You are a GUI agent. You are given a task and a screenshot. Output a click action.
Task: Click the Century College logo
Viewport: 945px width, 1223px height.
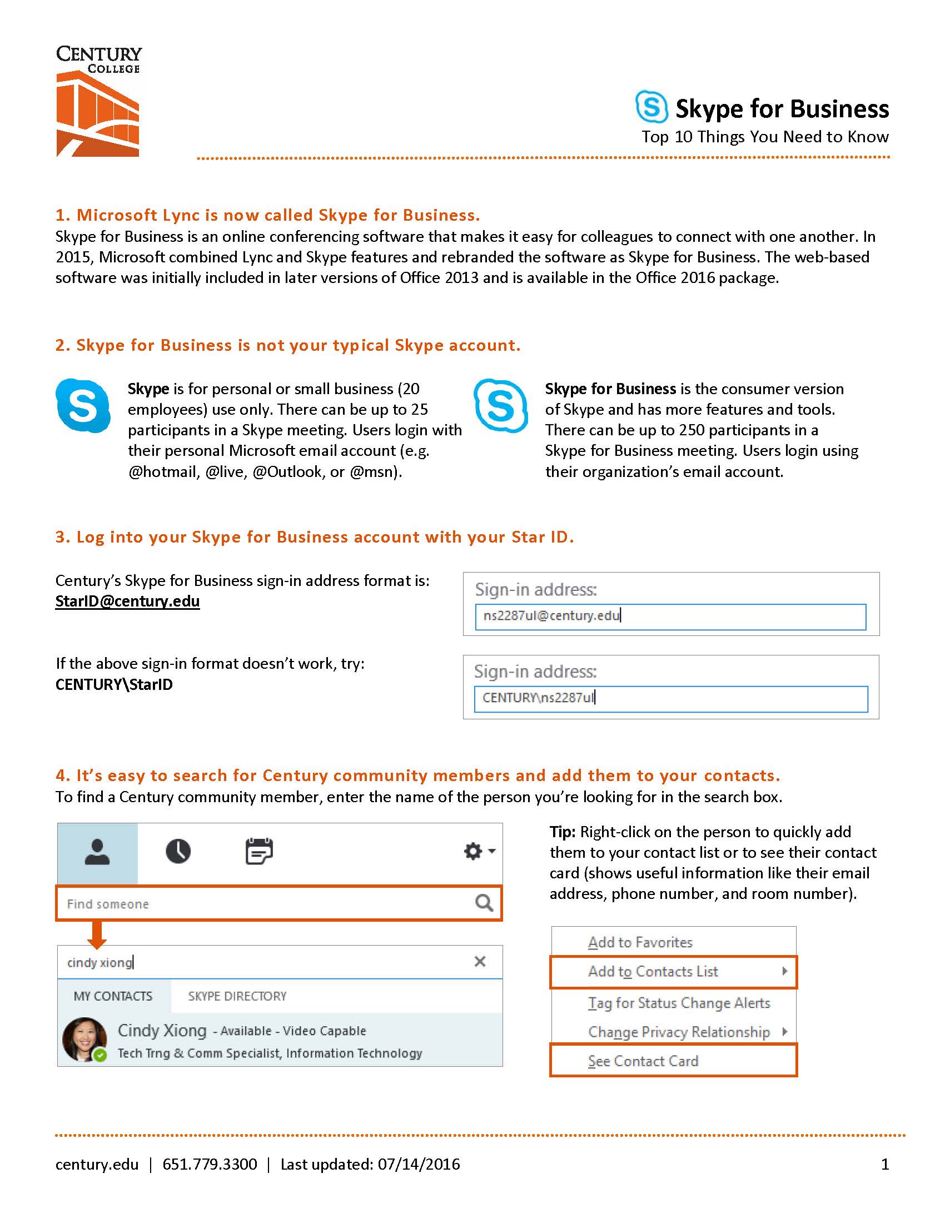[98, 101]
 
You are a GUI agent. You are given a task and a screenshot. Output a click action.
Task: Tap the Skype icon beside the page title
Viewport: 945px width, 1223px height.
[651, 106]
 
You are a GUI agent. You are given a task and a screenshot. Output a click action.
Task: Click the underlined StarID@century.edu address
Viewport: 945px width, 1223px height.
[128, 601]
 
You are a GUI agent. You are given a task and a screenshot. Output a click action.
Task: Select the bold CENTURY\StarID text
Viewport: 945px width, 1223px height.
[114, 684]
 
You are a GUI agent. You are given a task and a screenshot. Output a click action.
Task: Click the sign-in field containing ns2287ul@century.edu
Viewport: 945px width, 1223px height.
[670, 616]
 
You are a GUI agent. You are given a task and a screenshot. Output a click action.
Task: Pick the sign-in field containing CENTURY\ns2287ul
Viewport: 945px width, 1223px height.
[671, 698]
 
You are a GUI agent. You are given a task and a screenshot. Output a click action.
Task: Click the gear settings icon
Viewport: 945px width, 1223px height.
[474, 851]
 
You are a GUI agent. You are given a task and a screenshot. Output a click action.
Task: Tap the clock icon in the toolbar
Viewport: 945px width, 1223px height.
[178, 851]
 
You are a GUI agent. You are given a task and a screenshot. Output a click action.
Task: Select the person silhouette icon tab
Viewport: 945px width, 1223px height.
[97, 852]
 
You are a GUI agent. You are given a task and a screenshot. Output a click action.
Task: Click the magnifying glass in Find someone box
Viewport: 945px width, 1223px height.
[484, 903]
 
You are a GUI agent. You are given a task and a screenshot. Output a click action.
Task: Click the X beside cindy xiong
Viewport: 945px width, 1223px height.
[480, 962]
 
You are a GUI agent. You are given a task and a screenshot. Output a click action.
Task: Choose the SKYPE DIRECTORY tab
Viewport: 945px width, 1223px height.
[237, 996]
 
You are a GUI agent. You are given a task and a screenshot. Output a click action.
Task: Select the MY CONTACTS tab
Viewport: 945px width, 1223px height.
[113, 996]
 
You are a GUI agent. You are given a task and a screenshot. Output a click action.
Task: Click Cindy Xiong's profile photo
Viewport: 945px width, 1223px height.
[84, 1040]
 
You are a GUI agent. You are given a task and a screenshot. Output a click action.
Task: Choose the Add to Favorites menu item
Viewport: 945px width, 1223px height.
[640, 942]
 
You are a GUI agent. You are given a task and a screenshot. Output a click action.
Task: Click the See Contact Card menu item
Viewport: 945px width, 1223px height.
[643, 1061]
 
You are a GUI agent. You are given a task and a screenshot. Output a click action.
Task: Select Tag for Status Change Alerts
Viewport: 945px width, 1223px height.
[679, 1003]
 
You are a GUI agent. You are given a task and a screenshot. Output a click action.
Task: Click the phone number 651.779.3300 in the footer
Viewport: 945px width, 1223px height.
[210, 1164]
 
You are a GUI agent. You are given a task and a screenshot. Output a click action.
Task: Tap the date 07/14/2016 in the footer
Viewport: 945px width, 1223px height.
[419, 1164]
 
